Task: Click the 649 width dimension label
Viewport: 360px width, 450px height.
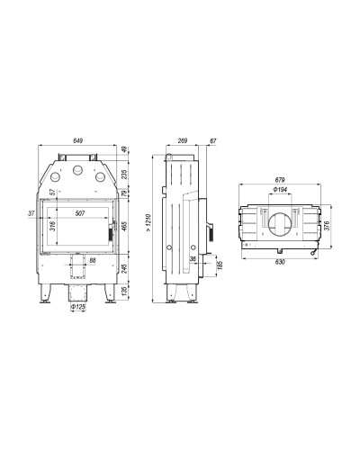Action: point(77,140)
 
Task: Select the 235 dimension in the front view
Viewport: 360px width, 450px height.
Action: point(125,175)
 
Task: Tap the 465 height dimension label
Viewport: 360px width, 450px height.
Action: point(125,224)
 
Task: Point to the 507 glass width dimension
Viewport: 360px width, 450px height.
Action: point(80,213)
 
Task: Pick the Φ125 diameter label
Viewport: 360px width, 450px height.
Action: point(78,307)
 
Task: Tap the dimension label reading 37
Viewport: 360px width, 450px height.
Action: point(31,213)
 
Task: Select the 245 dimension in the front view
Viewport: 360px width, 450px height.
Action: point(125,268)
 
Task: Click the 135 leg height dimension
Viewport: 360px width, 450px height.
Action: point(125,291)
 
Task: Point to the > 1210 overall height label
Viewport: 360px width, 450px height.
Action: point(149,223)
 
